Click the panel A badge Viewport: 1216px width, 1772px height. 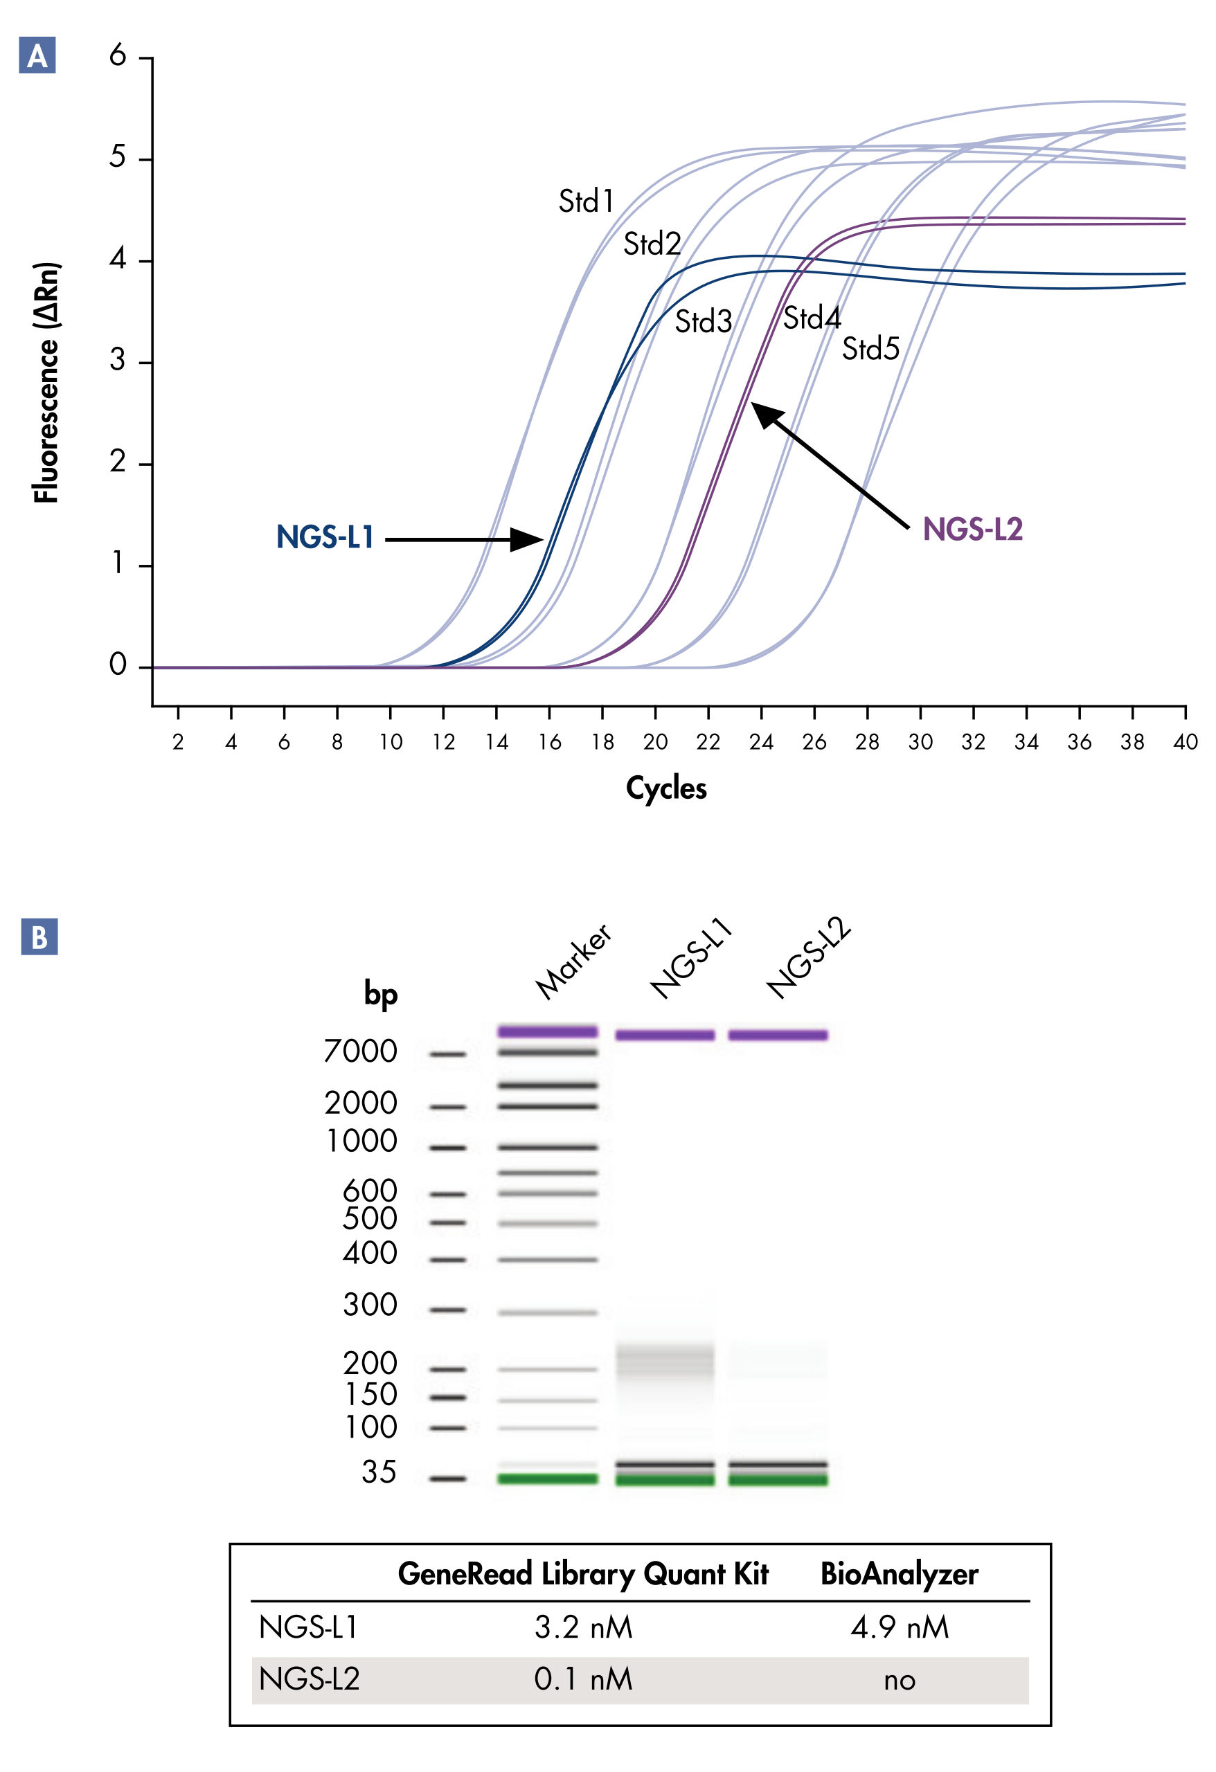37,55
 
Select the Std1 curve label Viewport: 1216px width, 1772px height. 586,201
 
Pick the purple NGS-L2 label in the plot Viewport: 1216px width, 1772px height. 973,529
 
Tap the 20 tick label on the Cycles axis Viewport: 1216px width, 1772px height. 655,742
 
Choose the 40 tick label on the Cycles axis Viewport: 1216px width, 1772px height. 1185,742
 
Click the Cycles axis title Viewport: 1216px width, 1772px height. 666,788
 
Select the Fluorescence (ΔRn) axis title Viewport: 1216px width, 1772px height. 46,383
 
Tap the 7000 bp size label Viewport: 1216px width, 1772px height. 360,1051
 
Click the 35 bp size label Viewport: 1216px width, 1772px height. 379,1472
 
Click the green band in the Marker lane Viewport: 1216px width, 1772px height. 547,1479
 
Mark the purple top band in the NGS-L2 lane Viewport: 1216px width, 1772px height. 778,1035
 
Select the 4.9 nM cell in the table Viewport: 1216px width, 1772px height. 900,1627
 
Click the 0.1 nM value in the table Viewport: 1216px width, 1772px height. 583,1679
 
